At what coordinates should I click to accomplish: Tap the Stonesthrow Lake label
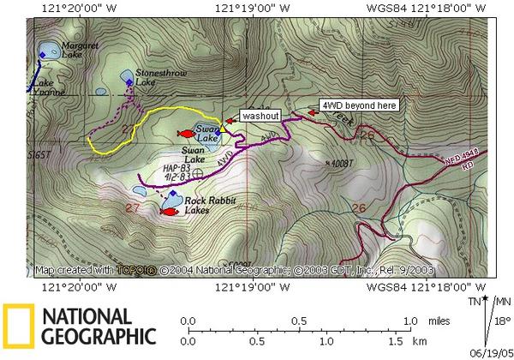point(156,78)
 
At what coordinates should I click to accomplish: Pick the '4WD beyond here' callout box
point(357,105)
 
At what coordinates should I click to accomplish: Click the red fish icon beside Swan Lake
point(184,133)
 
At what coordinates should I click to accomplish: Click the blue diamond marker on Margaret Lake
point(42,55)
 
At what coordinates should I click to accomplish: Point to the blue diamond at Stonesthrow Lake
point(129,83)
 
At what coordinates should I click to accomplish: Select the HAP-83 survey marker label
point(175,171)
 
